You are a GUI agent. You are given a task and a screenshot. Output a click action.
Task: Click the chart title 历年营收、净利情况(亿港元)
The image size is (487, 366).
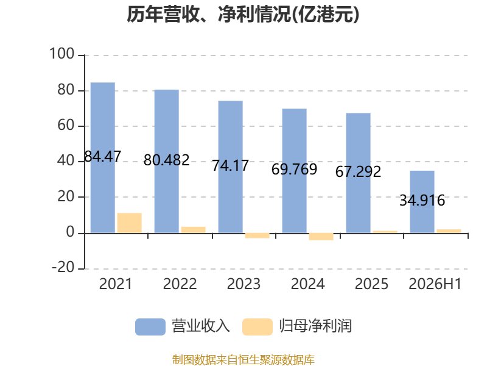[x=243, y=15]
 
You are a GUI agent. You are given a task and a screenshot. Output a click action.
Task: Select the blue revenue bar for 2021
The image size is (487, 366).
[x=103, y=157]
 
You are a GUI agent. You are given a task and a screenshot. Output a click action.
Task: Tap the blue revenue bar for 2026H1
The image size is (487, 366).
[x=422, y=202]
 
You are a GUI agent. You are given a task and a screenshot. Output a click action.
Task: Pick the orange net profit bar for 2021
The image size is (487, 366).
[x=130, y=223]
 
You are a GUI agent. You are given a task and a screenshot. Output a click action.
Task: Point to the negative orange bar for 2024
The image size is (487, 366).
[x=321, y=237]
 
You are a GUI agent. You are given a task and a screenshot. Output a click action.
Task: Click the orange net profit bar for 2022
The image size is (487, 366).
[x=194, y=230]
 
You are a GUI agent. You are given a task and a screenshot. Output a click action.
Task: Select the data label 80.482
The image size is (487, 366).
[x=166, y=160]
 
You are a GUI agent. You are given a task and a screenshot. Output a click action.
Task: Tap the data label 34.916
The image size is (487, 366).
[x=422, y=200]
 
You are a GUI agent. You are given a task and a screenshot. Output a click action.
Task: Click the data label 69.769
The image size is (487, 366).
[x=294, y=170]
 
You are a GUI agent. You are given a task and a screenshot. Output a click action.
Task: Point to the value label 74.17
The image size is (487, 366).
[x=231, y=165]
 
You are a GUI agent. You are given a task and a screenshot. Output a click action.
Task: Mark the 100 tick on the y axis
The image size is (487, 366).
[x=62, y=54]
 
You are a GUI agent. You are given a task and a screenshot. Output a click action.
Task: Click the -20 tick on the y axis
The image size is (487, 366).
[x=63, y=267]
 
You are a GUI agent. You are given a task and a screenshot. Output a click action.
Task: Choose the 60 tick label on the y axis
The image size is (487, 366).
[x=66, y=125]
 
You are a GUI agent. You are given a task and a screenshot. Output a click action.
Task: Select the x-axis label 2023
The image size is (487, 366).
[x=244, y=284]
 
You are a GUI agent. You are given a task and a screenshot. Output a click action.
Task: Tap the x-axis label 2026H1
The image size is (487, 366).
[x=435, y=284]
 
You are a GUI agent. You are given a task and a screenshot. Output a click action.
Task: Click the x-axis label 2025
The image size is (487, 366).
[x=371, y=284]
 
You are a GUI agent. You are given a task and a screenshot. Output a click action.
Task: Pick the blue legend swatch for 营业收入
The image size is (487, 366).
[x=150, y=327]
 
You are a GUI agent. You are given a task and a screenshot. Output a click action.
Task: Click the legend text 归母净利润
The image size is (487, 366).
[x=315, y=326]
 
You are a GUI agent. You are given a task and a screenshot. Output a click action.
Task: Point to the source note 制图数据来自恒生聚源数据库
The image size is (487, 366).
[x=243, y=360]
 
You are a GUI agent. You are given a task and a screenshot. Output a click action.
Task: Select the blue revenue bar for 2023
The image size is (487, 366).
[x=231, y=167]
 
